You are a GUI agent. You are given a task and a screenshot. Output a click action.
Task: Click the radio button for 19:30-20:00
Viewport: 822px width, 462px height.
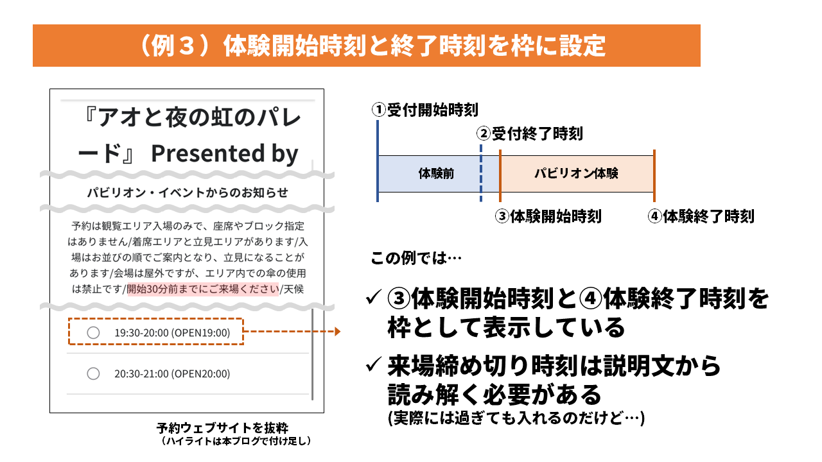pyautogui.click(x=93, y=332)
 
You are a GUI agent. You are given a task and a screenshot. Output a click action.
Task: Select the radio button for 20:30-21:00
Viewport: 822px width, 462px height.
pyautogui.click(x=93, y=373)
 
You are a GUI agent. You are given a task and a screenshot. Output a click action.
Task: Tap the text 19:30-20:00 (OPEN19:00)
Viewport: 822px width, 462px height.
pyautogui.click(x=172, y=332)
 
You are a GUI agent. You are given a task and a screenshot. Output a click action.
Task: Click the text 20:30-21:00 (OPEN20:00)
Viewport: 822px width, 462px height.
pyautogui.click(x=172, y=373)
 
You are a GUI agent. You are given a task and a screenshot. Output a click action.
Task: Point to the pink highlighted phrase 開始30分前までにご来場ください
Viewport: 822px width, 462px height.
pyautogui.click(x=203, y=289)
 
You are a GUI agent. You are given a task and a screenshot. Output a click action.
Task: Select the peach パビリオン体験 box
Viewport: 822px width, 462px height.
pyautogui.click(x=577, y=173)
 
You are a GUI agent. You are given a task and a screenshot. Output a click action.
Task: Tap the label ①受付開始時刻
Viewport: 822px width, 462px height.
pyautogui.click(x=425, y=110)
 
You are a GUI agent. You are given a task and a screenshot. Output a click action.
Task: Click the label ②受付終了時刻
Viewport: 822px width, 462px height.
pyautogui.click(x=530, y=133)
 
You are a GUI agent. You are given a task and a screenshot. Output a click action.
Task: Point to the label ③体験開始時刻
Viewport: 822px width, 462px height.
pyautogui.click(x=548, y=216)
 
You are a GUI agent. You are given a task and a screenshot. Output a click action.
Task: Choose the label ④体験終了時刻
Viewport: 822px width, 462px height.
pyautogui.click(x=701, y=216)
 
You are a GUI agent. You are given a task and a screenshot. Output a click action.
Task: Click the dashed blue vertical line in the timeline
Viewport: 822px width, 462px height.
pyautogui.click(x=481, y=173)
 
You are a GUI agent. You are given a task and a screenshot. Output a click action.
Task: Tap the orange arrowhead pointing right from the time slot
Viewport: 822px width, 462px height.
pyautogui.click(x=338, y=332)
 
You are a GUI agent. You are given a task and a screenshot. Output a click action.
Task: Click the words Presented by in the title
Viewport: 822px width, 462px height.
pyautogui.click(x=225, y=153)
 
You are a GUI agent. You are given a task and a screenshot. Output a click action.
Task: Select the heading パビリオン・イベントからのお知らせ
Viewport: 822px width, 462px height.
pyautogui.click(x=188, y=193)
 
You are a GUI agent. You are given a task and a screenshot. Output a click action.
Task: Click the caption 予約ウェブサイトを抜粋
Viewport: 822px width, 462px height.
pyautogui.click(x=222, y=427)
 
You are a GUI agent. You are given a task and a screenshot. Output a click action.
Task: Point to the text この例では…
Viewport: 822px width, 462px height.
pyautogui.click(x=416, y=258)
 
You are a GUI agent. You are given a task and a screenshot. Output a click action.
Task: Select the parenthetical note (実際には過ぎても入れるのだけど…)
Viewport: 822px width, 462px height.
pyautogui.click(x=516, y=418)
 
